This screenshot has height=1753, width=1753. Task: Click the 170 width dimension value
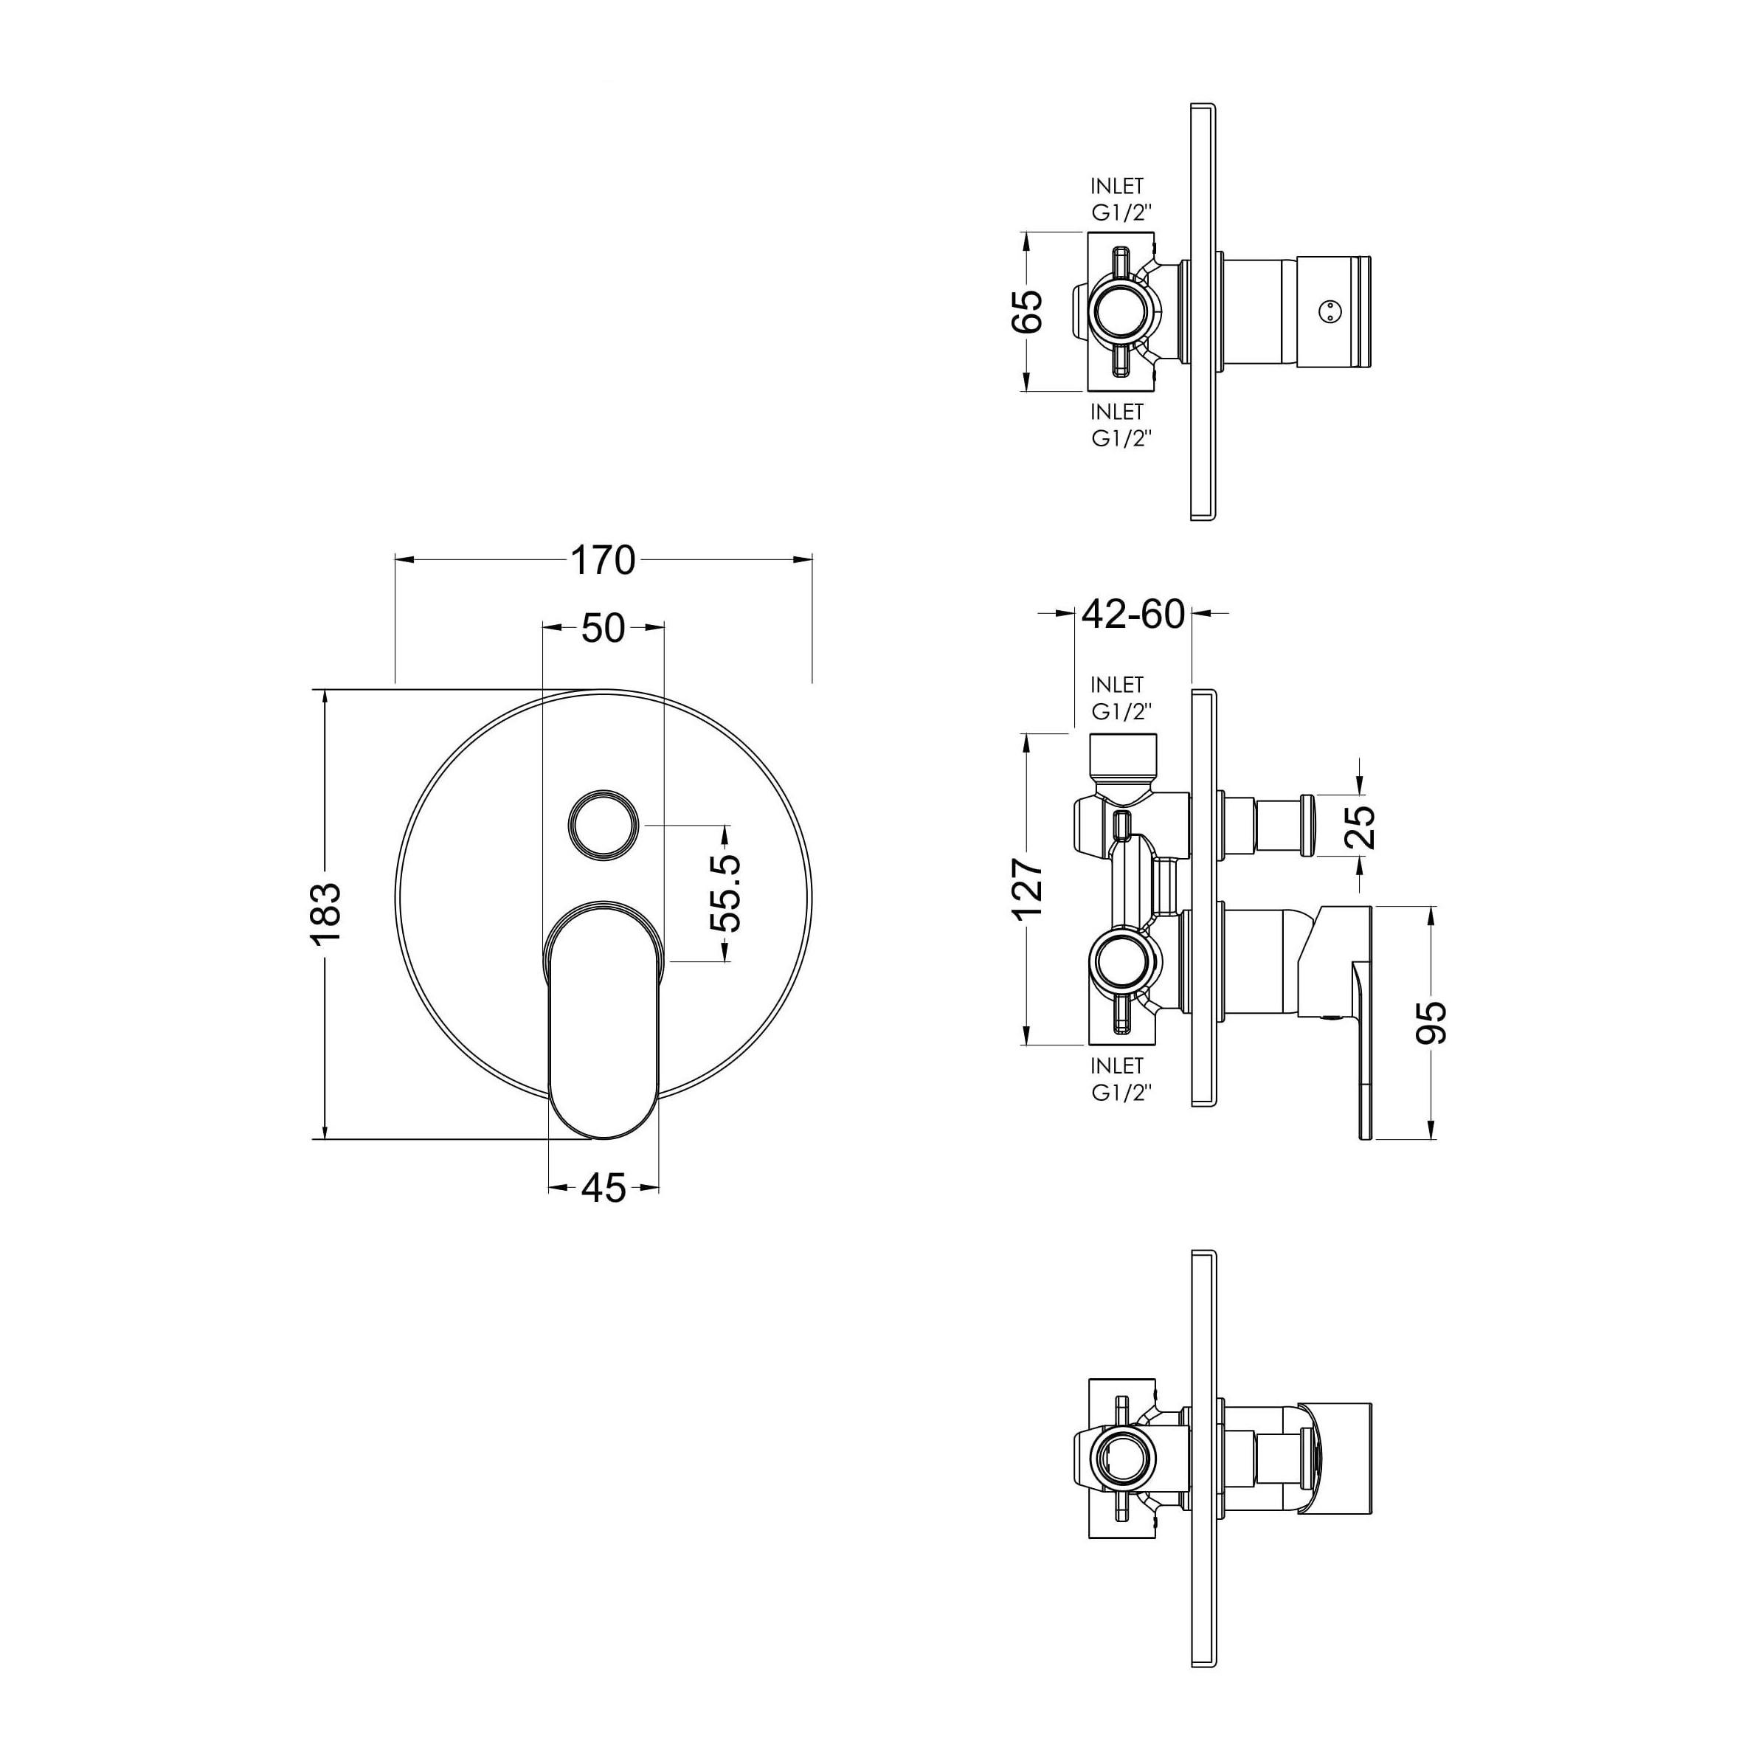(604, 561)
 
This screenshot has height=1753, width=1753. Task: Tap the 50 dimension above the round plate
(604, 628)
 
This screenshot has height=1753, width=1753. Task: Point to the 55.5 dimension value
(726, 893)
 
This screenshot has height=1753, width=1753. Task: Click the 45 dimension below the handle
(604, 1188)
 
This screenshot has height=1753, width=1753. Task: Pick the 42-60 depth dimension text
(1133, 615)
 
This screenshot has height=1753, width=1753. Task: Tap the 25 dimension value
(1363, 826)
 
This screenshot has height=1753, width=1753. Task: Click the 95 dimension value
(1433, 1023)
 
